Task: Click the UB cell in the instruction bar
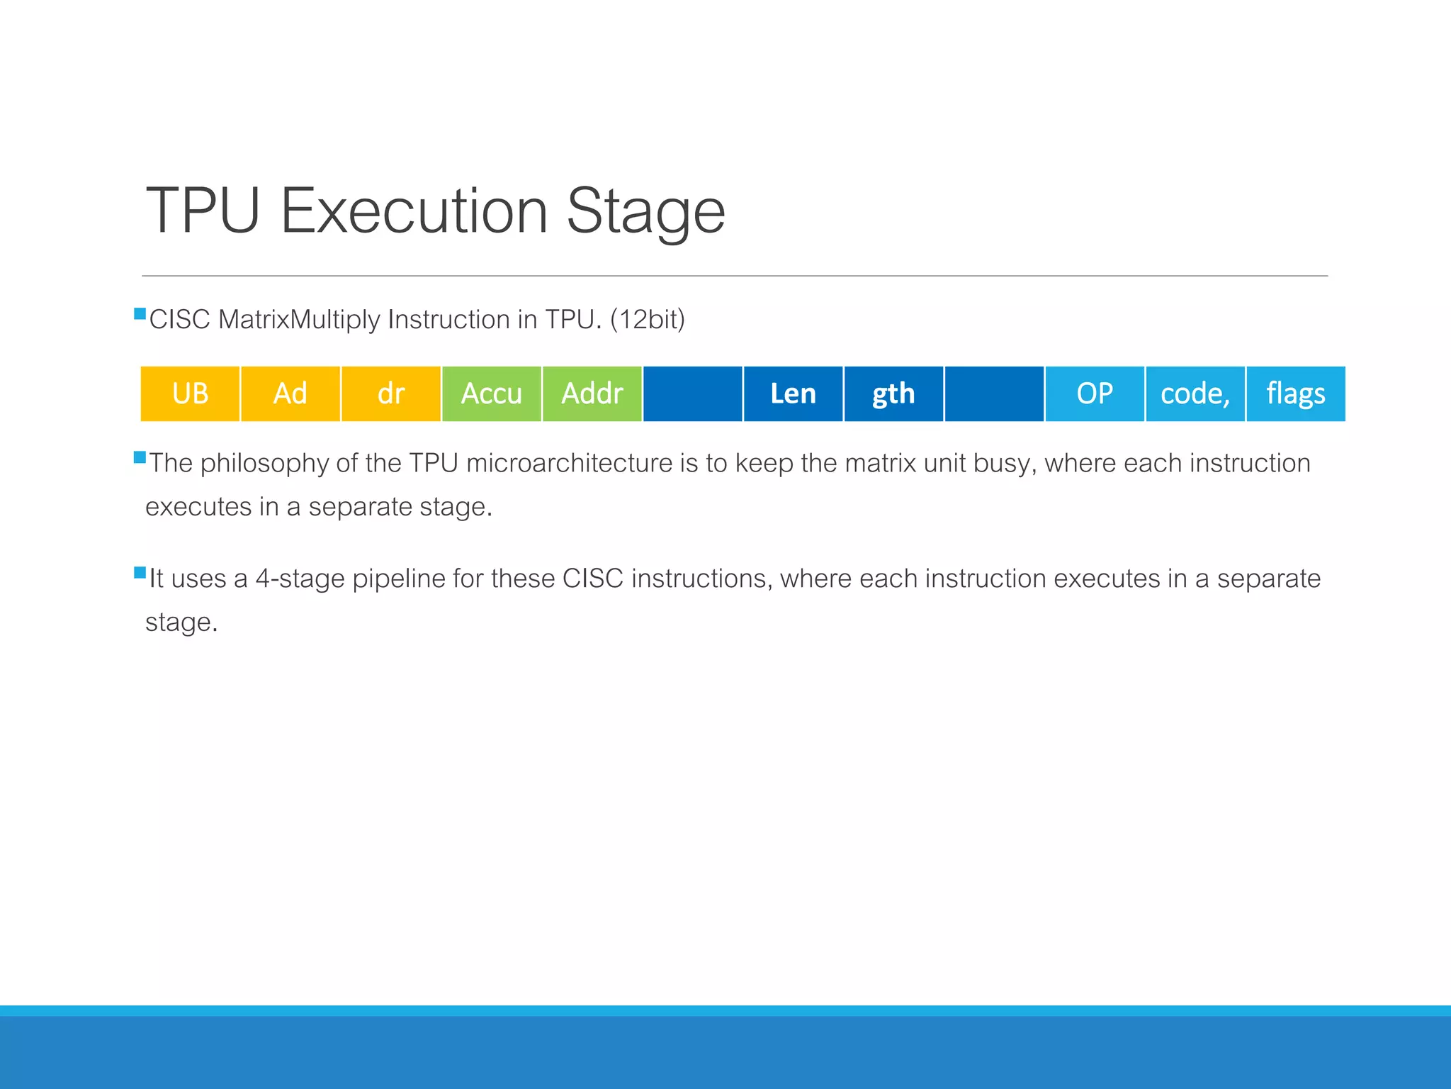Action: point(190,393)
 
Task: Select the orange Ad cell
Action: point(290,393)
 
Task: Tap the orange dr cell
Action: point(391,393)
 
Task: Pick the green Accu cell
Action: point(492,393)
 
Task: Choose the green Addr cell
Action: point(592,393)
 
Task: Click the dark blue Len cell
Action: point(793,393)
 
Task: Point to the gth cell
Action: point(893,393)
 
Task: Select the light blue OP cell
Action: point(1095,393)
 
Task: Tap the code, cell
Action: point(1195,393)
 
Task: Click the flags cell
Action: point(1296,393)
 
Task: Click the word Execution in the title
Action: point(414,211)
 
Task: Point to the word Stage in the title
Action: point(645,211)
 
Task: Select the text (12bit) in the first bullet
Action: point(648,320)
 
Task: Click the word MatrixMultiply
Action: point(300,320)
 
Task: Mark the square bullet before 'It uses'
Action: point(140,573)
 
